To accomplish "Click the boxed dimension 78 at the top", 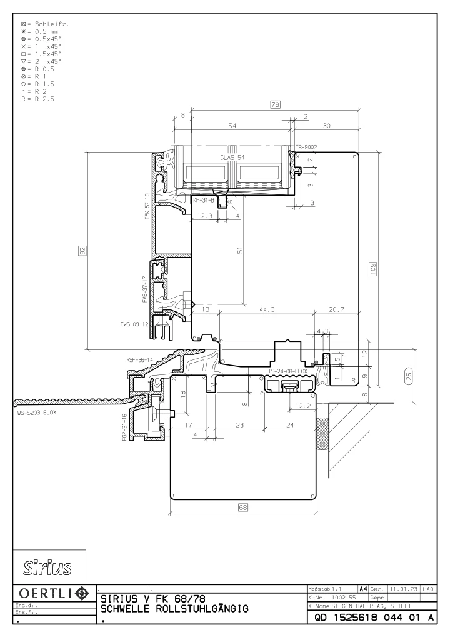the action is [275, 104].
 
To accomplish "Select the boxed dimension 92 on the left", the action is [82, 251].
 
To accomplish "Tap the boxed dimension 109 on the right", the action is [373, 269].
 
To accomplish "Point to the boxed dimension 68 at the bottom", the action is [242, 508].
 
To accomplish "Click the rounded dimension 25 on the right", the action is [409, 376].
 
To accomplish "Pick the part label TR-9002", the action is [306, 147].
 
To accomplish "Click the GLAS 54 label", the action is [232, 158].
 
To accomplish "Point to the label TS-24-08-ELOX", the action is [287, 371].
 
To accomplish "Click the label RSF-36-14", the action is [139, 360].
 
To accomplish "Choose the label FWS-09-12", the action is [134, 324].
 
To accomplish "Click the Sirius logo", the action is [47, 568].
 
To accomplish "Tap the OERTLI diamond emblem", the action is [82, 593].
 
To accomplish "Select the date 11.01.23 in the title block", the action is [404, 589].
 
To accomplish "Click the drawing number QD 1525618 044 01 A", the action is [374, 618].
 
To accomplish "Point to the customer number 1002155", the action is [344, 598].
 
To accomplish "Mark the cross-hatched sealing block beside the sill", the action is [322, 433].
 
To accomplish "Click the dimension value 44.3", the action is [267, 309].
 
